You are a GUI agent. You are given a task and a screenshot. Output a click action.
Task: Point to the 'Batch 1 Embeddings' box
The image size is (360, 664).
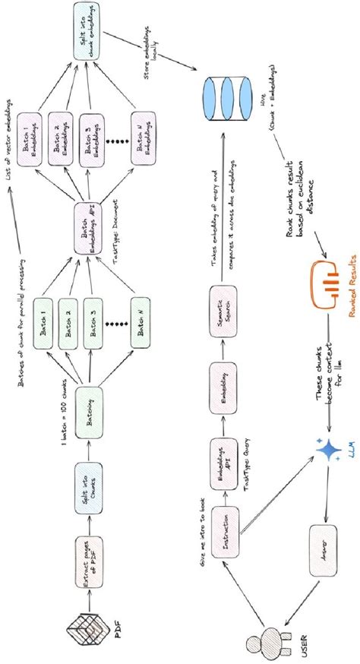pyautogui.click(x=36, y=137)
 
